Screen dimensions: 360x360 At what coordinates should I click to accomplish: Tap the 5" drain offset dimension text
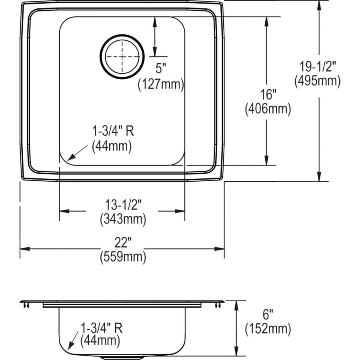point(161,68)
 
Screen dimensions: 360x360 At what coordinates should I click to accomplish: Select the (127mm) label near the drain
point(161,84)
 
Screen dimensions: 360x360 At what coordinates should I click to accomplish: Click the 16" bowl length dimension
point(268,94)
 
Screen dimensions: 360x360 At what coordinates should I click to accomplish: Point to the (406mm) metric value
point(268,109)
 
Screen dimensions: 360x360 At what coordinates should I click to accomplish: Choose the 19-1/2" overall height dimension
point(318,67)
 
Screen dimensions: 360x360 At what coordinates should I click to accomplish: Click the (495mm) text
point(318,81)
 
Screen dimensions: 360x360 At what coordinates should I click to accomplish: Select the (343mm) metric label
point(123,219)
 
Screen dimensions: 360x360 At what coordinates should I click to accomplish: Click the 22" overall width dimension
point(123,242)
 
